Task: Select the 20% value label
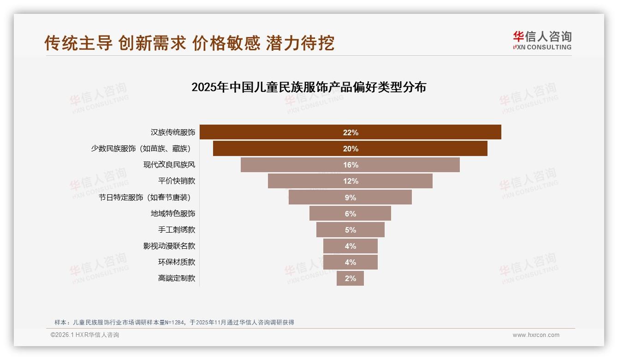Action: click(351, 149)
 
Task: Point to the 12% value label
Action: click(351, 181)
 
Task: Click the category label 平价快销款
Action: click(177, 181)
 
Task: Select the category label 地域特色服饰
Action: click(173, 213)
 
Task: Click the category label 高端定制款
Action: click(177, 278)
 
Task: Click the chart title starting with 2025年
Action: click(309, 87)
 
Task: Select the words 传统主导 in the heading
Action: click(78, 43)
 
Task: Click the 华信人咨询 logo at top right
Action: click(542, 40)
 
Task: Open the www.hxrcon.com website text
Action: click(536, 335)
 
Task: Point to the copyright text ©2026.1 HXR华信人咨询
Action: click(85, 335)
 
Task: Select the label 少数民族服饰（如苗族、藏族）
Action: click(141, 149)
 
